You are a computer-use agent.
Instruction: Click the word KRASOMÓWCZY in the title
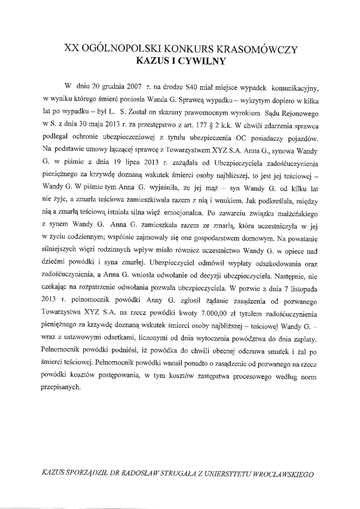tap(258, 49)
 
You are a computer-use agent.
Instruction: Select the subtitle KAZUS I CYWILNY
tap(181, 62)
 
